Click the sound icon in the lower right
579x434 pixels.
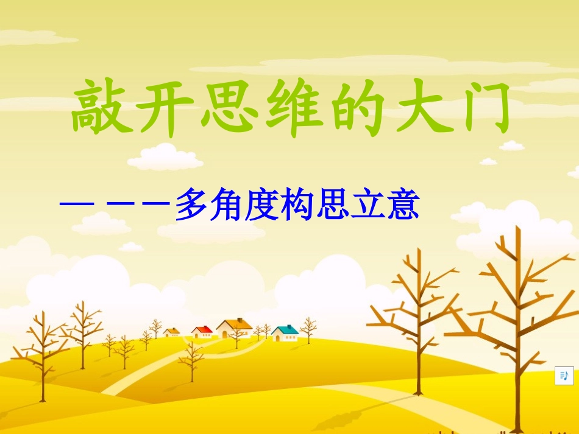tap(564, 376)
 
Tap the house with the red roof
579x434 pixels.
tap(202, 331)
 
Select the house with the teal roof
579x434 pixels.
tap(285, 332)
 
